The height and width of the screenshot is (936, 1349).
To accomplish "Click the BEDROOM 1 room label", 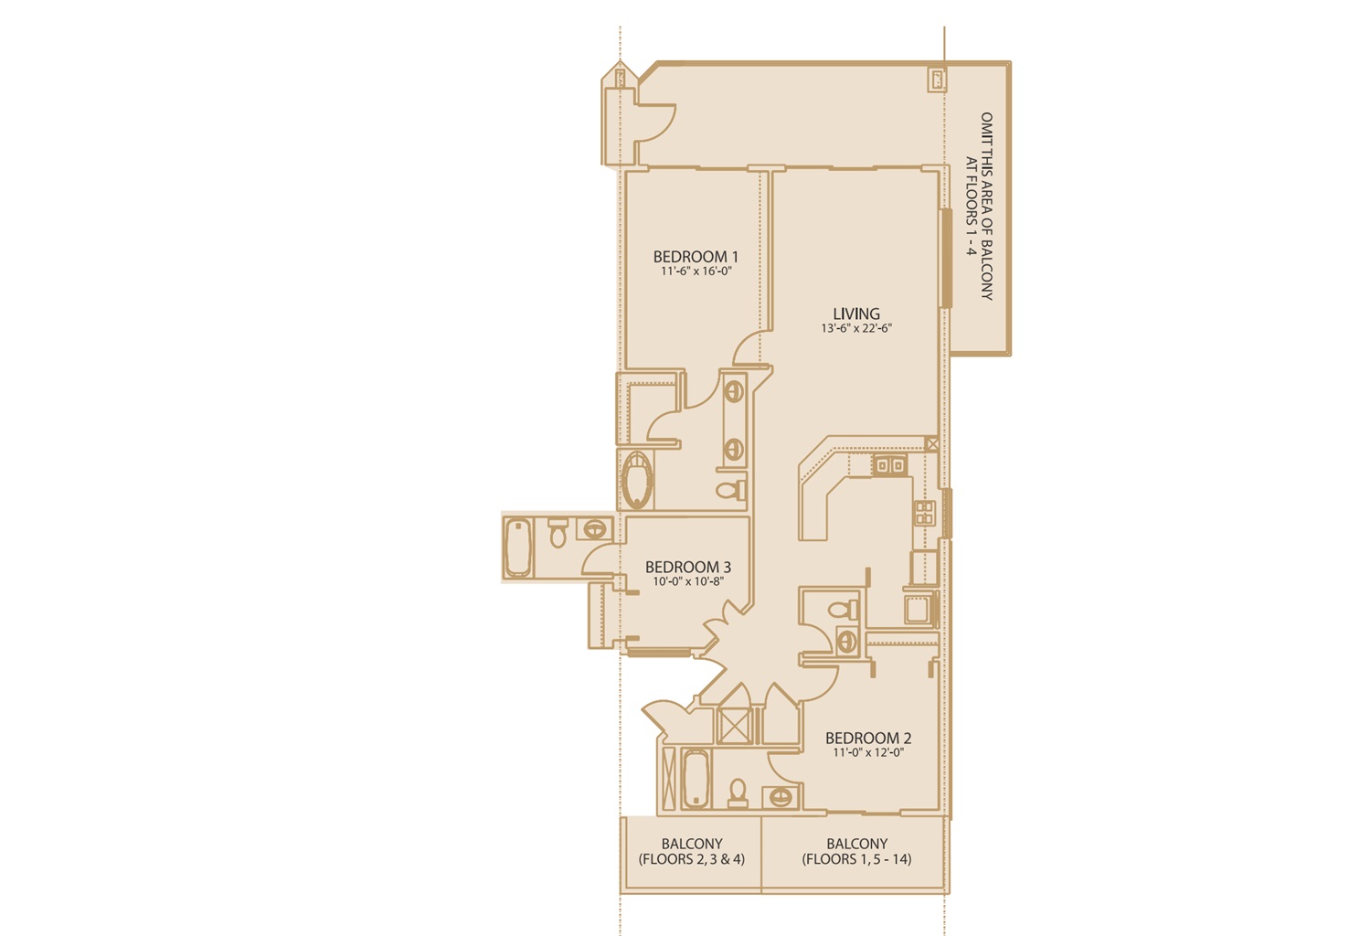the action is click(696, 257).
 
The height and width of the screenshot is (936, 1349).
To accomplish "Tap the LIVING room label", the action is click(856, 314).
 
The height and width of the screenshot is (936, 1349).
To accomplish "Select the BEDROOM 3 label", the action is click(687, 567).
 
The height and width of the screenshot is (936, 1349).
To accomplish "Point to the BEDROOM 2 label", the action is click(868, 738).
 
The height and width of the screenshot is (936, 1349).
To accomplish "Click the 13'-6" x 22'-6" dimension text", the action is click(856, 328).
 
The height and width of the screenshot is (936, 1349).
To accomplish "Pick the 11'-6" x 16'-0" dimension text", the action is click(696, 271).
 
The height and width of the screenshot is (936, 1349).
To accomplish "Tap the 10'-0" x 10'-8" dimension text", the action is click(687, 581).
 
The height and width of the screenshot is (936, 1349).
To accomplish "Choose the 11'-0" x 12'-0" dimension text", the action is click(868, 752).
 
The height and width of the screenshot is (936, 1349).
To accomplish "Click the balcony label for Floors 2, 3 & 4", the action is click(691, 851).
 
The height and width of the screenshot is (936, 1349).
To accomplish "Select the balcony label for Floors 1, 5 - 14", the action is click(856, 851).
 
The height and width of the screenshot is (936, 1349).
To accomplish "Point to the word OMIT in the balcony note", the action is click(986, 128).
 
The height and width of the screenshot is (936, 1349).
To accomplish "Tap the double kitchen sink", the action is click(889, 465).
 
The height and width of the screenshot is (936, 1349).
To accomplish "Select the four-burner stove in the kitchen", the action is click(924, 513).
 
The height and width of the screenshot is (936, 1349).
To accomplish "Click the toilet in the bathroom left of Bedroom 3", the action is click(558, 532).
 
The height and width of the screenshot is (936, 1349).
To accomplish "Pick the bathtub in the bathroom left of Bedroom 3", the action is click(518, 548).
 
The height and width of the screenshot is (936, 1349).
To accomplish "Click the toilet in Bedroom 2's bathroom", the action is click(738, 793).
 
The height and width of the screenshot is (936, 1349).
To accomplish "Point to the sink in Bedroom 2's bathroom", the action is click(781, 797).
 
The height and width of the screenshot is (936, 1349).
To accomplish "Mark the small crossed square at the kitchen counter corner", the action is click(931, 444).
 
